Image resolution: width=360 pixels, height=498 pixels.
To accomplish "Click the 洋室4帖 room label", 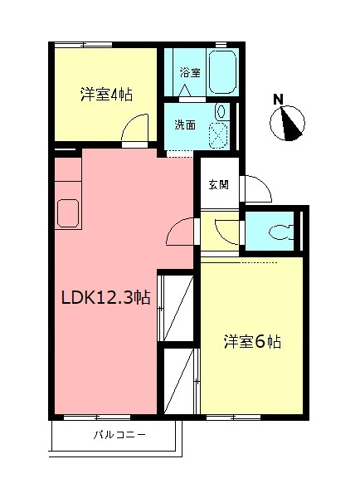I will [x=105, y=94].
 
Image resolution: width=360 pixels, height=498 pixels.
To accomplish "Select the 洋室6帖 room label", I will [x=252, y=341].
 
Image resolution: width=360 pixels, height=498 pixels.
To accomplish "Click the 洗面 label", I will [x=184, y=125].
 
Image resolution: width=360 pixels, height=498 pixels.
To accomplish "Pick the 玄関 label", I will [x=218, y=184].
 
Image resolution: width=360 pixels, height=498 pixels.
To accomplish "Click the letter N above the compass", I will [x=279, y=100].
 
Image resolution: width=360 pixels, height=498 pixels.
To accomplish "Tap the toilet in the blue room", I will [x=282, y=232].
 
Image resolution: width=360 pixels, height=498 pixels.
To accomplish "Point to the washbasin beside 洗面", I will [x=221, y=111].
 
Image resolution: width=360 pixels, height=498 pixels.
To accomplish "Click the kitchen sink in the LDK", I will [x=66, y=212].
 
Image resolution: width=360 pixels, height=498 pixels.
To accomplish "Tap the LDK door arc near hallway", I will [x=180, y=233].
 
